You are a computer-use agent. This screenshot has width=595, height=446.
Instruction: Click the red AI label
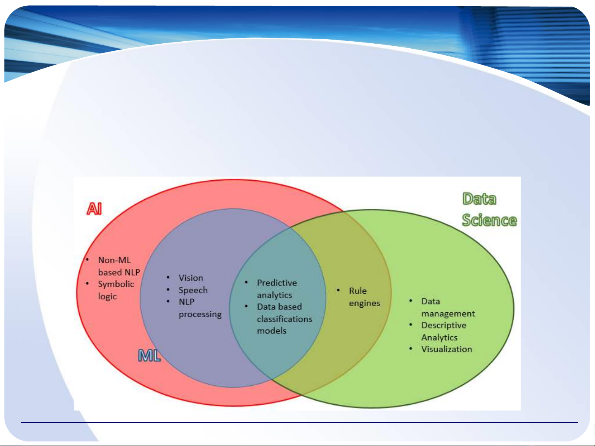click(x=94, y=209)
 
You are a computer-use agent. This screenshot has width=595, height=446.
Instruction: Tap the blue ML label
click(x=149, y=356)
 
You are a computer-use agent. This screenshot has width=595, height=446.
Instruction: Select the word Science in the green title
click(x=489, y=220)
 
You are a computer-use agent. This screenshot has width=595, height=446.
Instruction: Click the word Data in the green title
click(x=479, y=199)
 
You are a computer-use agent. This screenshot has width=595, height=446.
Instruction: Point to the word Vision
click(x=191, y=278)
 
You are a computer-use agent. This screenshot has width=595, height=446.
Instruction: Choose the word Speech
click(x=193, y=290)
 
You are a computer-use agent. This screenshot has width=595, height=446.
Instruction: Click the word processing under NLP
click(x=200, y=314)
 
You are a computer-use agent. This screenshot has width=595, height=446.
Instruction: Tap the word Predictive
click(x=277, y=283)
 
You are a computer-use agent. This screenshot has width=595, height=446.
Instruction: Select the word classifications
click(x=284, y=319)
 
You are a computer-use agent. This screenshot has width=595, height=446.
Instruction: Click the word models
click(x=272, y=330)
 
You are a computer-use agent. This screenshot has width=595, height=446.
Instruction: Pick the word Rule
click(x=358, y=291)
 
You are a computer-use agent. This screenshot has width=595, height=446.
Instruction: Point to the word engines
click(x=365, y=303)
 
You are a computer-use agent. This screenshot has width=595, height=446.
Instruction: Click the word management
click(x=448, y=314)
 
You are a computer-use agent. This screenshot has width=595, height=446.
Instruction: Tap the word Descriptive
click(x=444, y=325)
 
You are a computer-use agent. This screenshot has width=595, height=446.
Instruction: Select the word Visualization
click(x=446, y=349)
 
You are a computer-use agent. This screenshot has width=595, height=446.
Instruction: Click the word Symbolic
click(x=116, y=284)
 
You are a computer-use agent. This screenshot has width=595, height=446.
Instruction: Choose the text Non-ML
click(x=114, y=260)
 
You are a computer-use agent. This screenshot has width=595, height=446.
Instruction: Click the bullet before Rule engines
click(x=338, y=290)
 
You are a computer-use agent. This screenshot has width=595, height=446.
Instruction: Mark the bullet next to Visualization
click(x=411, y=349)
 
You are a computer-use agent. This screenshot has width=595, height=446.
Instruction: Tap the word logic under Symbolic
click(x=107, y=297)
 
